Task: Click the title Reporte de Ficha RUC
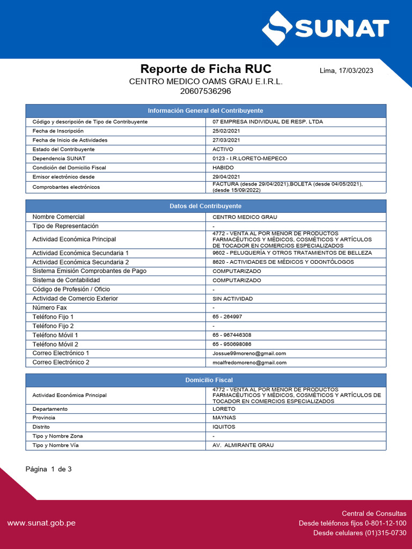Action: [x=205, y=69]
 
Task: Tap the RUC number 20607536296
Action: [x=205, y=91]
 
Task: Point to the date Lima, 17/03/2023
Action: [x=346, y=71]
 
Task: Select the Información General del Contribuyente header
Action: [x=205, y=110]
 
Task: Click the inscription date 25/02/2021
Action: [x=226, y=131]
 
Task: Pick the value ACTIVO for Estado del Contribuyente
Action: [x=223, y=149]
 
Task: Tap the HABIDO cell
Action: [x=223, y=168]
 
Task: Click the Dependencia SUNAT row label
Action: [x=59, y=159]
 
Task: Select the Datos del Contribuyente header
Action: [x=205, y=206]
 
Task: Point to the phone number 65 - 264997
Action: [x=227, y=317]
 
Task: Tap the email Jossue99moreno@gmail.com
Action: [x=249, y=353]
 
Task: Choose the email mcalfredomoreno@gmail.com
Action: [x=249, y=362]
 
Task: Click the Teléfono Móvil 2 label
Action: [x=55, y=344]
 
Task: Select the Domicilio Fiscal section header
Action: [x=205, y=380]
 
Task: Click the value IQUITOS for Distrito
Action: [x=224, y=427]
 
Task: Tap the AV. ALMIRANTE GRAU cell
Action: [x=243, y=446]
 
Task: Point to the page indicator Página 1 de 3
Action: [x=49, y=469]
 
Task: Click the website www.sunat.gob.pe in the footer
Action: [x=41, y=523]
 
